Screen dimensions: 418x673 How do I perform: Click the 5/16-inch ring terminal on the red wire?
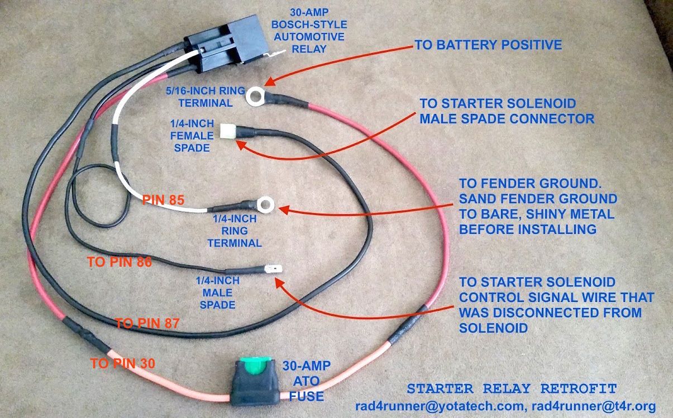(x=257, y=97)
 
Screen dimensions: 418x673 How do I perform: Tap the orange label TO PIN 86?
(x=120, y=261)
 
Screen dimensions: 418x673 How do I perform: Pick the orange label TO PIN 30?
(x=122, y=363)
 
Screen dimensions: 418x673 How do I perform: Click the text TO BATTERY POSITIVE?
(x=488, y=45)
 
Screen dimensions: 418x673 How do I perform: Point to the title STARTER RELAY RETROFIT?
(x=512, y=388)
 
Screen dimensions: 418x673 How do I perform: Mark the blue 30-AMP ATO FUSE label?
(x=307, y=381)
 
